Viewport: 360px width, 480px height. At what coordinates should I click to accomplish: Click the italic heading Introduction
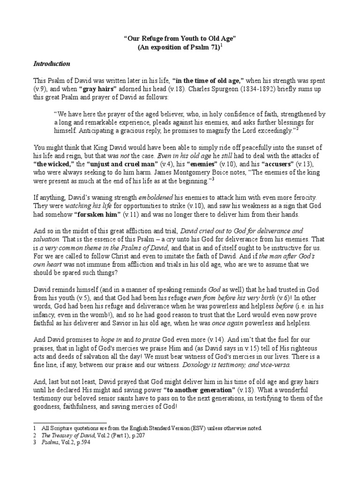(52, 64)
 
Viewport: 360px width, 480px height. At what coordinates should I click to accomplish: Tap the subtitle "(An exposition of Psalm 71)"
(178, 48)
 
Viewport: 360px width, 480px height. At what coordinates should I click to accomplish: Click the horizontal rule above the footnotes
(70, 423)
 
